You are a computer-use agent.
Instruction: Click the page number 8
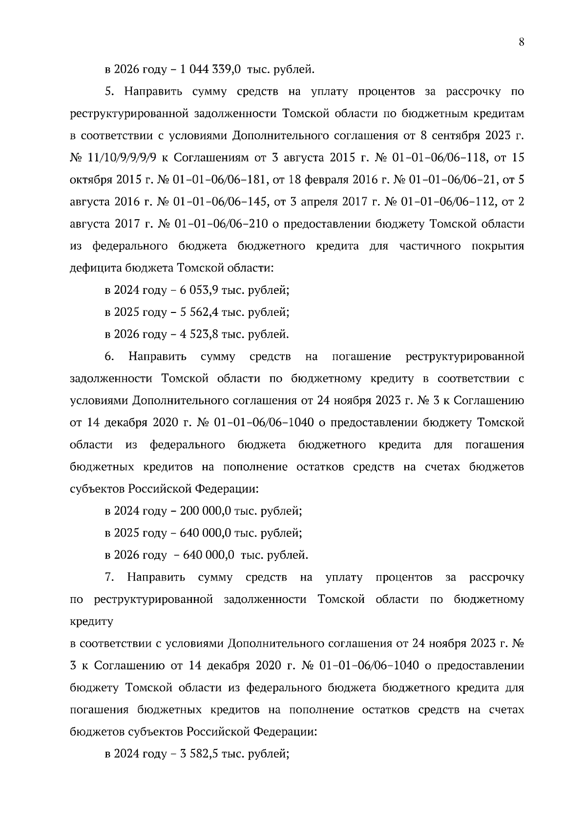521,42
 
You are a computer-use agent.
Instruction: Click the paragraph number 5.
109,91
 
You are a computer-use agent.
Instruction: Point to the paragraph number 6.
109,356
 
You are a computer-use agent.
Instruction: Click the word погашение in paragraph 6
361,356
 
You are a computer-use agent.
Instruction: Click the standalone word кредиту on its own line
92,622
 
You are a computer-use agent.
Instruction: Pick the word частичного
430,246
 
